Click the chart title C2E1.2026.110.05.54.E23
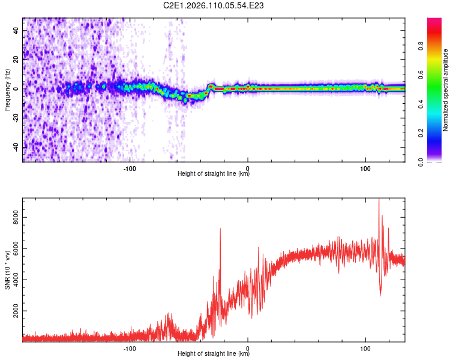coord(214,6)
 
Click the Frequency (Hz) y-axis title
coord(7,90)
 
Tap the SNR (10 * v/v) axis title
coord(7,270)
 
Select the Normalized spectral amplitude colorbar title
coord(445,90)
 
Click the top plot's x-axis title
coord(214,174)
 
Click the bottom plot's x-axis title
coord(214,354)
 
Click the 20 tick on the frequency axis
coord(16,59)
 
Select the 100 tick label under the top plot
coord(365,167)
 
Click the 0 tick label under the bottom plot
coord(248,347)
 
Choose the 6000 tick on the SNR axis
coord(16,251)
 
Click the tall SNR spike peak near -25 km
coord(220,229)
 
